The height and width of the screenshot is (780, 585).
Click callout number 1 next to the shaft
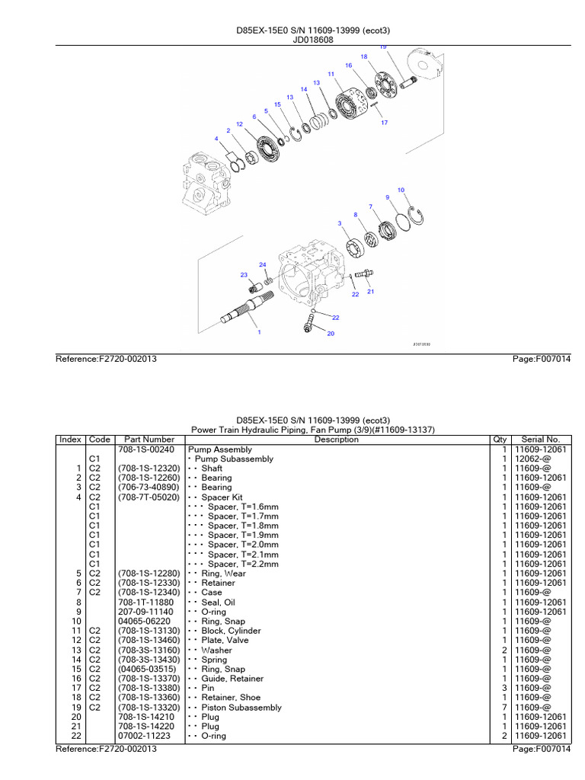click(x=259, y=332)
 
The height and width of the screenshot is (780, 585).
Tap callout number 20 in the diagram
click(x=331, y=334)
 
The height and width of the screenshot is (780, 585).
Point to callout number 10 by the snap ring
click(x=401, y=190)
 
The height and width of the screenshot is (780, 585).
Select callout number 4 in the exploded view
click(x=217, y=139)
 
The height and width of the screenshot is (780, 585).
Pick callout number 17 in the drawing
click(x=384, y=123)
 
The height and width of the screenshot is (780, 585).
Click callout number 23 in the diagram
click(x=244, y=274)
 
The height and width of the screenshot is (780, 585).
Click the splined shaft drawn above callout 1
click(x=242, y=312)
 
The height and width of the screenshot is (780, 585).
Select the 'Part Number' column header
click(x=149, y=440)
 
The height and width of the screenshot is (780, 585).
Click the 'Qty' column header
click(x=500, y=440)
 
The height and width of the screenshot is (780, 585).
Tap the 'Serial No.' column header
click(x=541, y=440)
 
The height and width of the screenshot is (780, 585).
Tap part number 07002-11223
click(x=145, y=736)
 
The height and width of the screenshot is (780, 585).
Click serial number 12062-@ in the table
click(x=534, y=459)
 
